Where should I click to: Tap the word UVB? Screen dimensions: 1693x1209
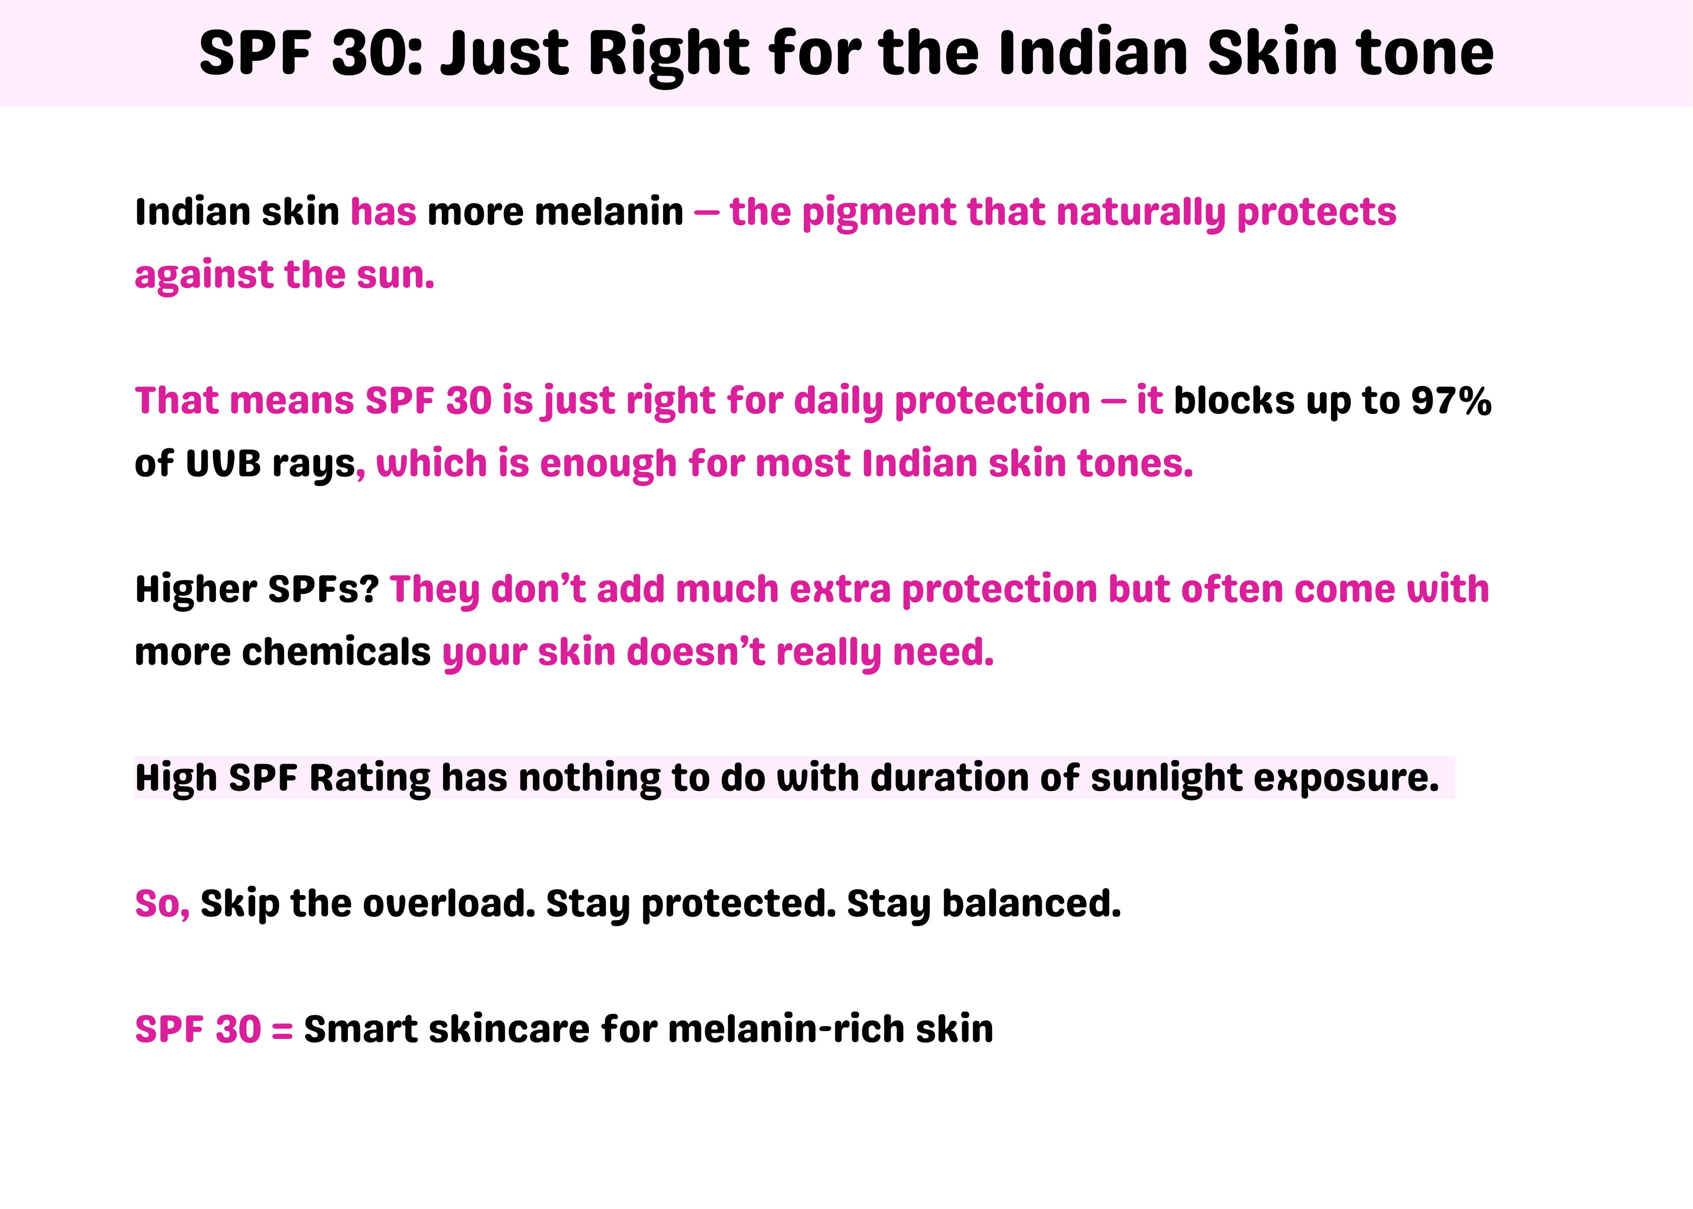pos(224,463)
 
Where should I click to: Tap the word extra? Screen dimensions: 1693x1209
pos(840,590)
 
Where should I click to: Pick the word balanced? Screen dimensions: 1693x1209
pos(1031,903)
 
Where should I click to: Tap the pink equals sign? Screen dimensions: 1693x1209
pos(282,1031)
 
